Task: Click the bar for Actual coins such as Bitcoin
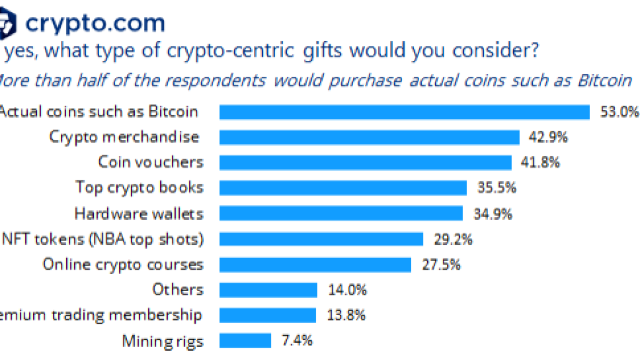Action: point(404,112)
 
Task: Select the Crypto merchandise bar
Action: point(369,137)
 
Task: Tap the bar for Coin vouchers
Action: point(365,162)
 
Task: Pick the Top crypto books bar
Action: point(343,188)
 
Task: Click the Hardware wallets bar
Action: point(341,213)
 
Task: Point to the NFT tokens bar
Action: point(321,239)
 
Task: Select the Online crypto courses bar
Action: point(315,264)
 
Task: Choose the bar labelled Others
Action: point(268,290)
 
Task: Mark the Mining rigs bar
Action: point(245,340)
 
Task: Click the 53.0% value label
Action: point(619,112)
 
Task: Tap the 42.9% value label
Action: point(548,137)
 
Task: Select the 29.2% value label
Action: point(453,239)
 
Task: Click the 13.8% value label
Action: point(346,315)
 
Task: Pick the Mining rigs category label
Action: point(163,340)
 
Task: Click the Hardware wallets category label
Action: point(139,213)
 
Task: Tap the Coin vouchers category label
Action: point(150,162)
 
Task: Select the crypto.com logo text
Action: point(95,23)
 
